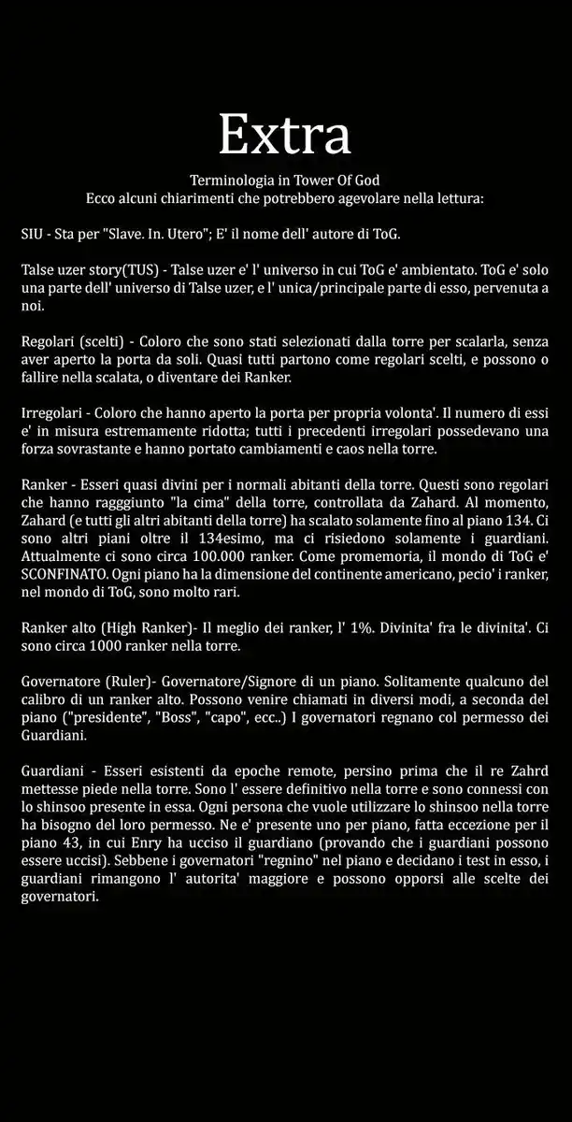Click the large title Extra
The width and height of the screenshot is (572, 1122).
point(285,136)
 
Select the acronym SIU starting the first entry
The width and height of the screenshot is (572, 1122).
point(33,234)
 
